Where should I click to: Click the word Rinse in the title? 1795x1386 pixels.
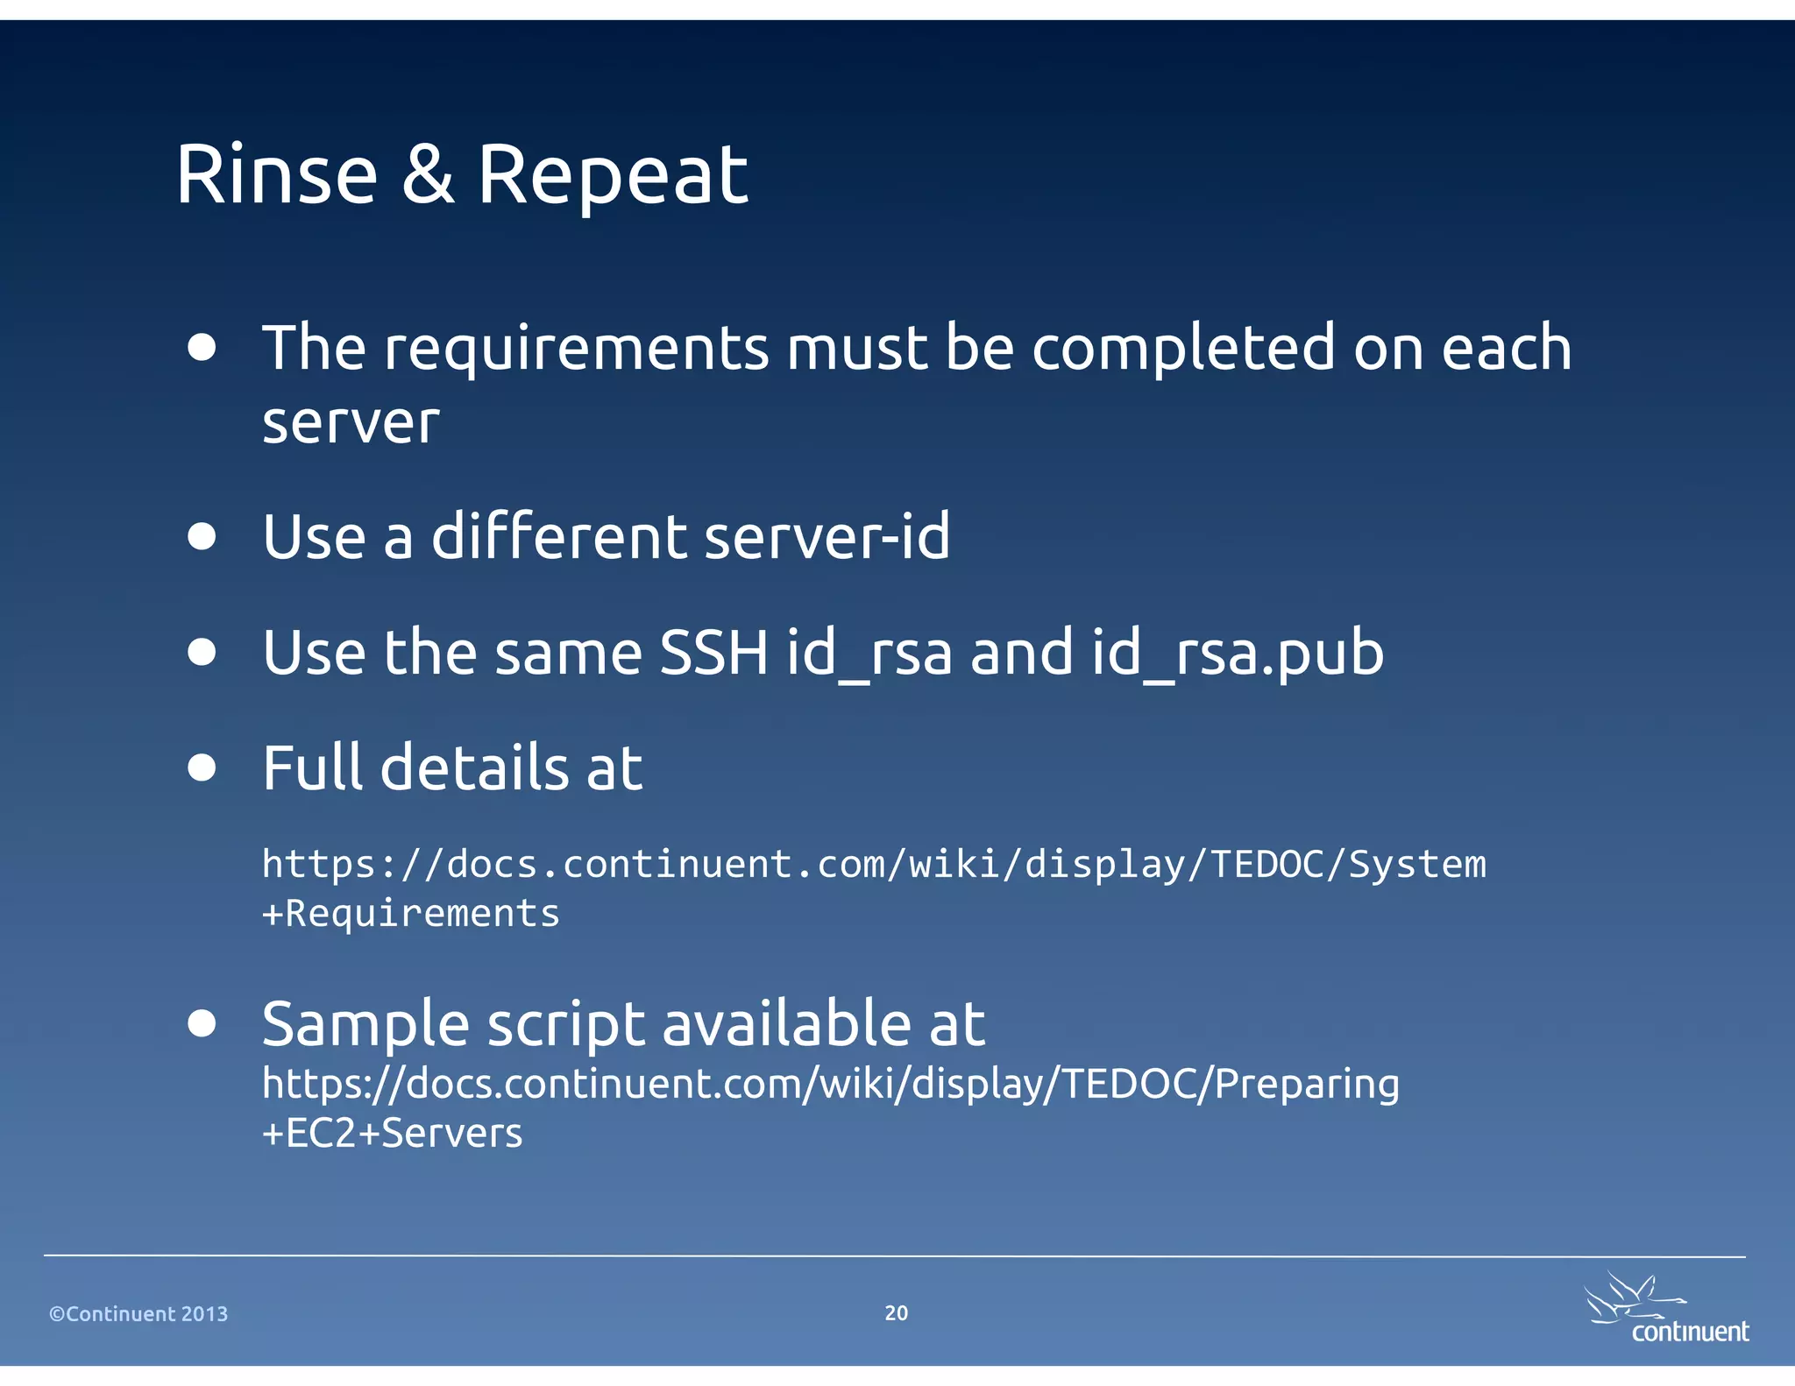276,175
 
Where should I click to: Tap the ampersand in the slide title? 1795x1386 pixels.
428,175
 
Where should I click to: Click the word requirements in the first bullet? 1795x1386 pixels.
577,349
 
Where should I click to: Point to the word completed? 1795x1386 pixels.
1184,349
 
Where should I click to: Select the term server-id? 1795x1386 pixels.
827,536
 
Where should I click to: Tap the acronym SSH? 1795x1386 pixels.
713,653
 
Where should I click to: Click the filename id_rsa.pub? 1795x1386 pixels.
1237,654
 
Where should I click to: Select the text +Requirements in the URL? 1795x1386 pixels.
410,914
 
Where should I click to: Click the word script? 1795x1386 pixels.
565,1024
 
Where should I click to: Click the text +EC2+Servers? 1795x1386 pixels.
392,1134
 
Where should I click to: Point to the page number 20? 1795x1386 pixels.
896,1312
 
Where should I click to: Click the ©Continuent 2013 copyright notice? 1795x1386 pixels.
138,1314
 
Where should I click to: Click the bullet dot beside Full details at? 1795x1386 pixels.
202,767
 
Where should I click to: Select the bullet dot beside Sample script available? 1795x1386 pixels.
202,1023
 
